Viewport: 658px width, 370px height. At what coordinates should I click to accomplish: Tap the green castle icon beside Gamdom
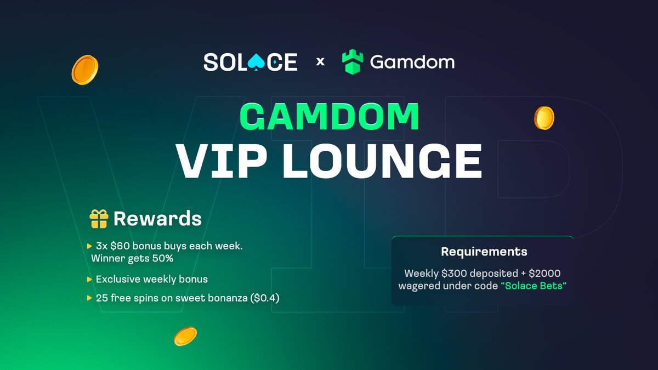(353, 62)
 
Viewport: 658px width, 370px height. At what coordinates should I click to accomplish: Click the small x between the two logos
(321, 62)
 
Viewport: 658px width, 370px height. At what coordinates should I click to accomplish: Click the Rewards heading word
(157, 219)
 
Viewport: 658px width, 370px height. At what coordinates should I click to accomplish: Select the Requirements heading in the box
(484, 252)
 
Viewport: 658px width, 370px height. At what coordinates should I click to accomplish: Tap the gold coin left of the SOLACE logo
(85, 70)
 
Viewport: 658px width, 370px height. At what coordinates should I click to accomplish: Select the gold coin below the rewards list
(185, 336)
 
